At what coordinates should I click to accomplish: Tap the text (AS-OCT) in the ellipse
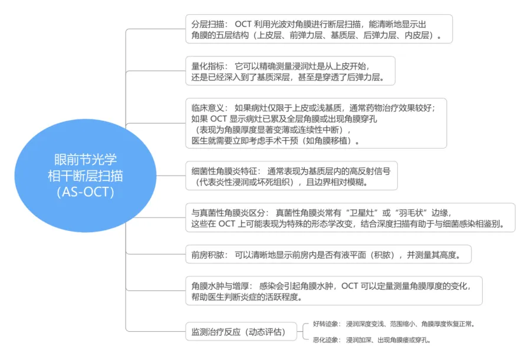(x=85, y=191)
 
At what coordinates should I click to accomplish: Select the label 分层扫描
(x=208, y=24)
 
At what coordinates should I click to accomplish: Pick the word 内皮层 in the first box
(x=419, y=36)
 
